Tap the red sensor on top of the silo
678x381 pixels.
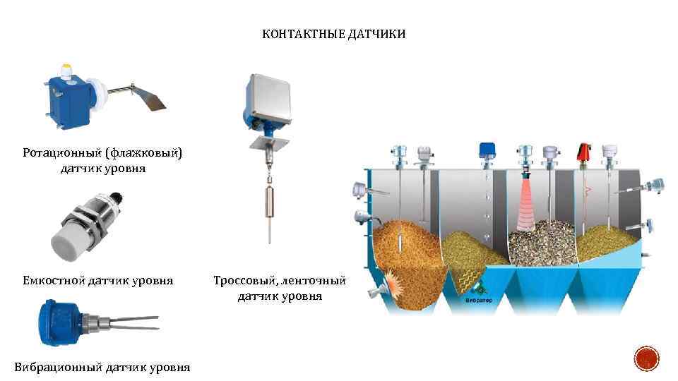[584, 152]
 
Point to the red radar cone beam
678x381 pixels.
[525, 205]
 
